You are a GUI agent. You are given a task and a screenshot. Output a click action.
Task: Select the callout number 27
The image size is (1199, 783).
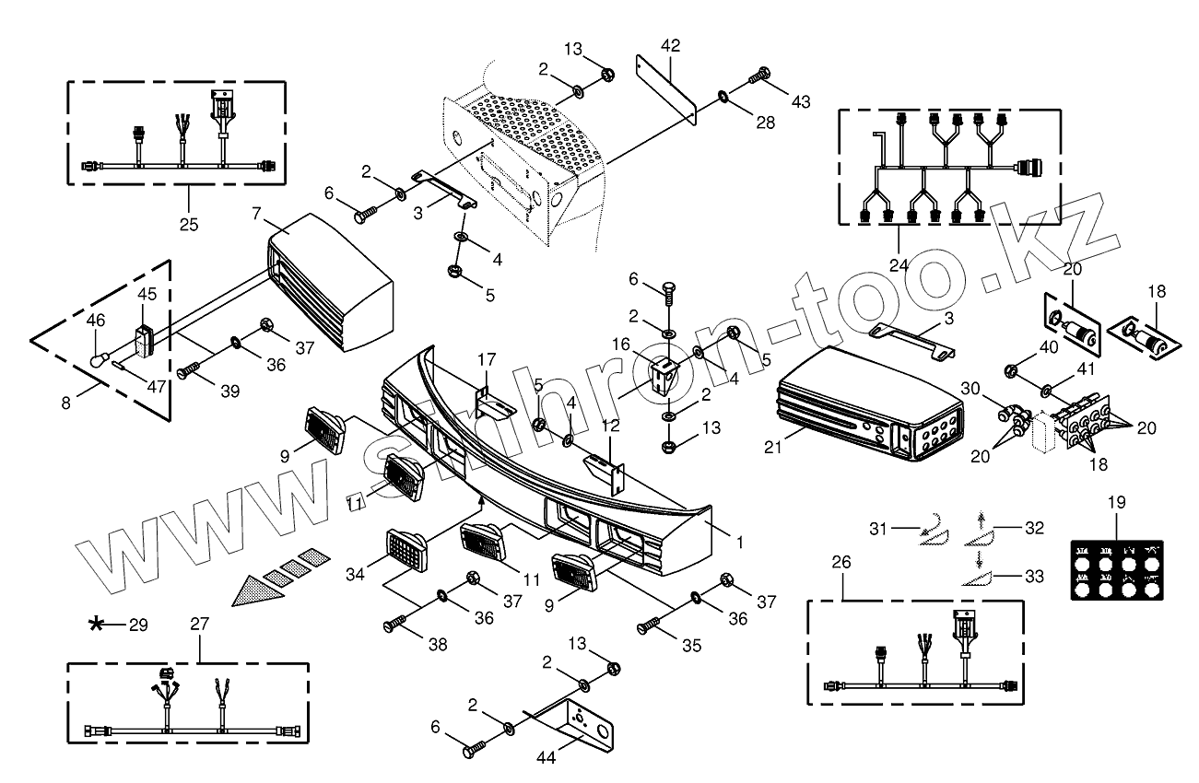[200, 624]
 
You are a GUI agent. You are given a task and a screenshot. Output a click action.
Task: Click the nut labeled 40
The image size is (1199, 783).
[1011, 371]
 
